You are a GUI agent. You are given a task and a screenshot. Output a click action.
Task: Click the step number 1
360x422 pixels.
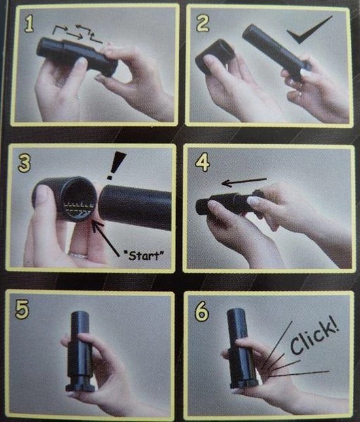pos(29,24)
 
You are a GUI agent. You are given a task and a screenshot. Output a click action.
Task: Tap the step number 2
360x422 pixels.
pos(203,24)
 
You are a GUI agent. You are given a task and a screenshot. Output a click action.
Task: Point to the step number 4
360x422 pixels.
pos(202,163)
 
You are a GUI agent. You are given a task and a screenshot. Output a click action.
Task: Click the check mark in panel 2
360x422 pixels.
pos(310,29)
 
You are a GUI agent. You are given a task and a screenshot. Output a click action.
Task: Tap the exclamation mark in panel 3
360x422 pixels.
pos(116,164)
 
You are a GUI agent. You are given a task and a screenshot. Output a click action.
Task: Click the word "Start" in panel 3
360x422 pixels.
pos(143,255)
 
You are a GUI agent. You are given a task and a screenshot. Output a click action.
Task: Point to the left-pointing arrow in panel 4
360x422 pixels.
pos(244,182)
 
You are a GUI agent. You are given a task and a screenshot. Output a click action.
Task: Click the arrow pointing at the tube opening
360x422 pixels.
pos(105,238)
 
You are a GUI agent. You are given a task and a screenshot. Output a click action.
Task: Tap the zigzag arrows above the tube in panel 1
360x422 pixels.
pos(77,33)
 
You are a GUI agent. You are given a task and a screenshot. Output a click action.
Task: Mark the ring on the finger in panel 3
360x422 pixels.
pos(78,255)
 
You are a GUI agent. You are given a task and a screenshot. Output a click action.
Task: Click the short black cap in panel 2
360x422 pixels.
pos(215,56)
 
